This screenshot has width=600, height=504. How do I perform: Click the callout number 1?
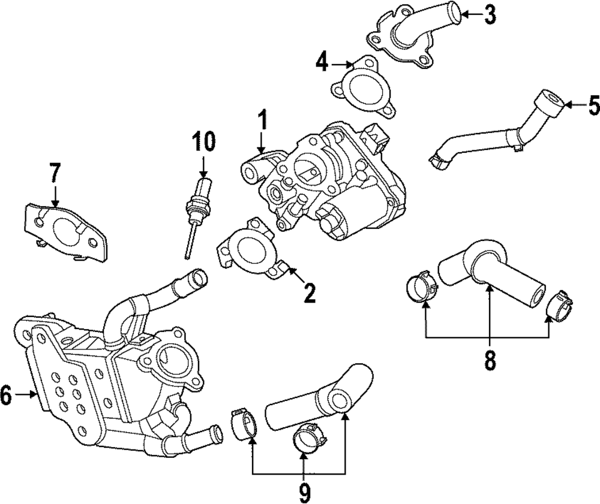point(262,122)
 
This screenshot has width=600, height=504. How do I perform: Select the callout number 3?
point(490,14)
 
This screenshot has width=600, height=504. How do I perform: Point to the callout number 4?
point(323,62)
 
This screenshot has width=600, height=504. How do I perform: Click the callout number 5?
point(593,105)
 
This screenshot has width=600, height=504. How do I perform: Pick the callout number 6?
point(6,395)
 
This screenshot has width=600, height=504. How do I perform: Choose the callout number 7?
point(55,174)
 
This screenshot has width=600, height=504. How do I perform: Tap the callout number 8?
point(490,359)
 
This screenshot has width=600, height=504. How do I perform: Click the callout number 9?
point(304,493)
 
